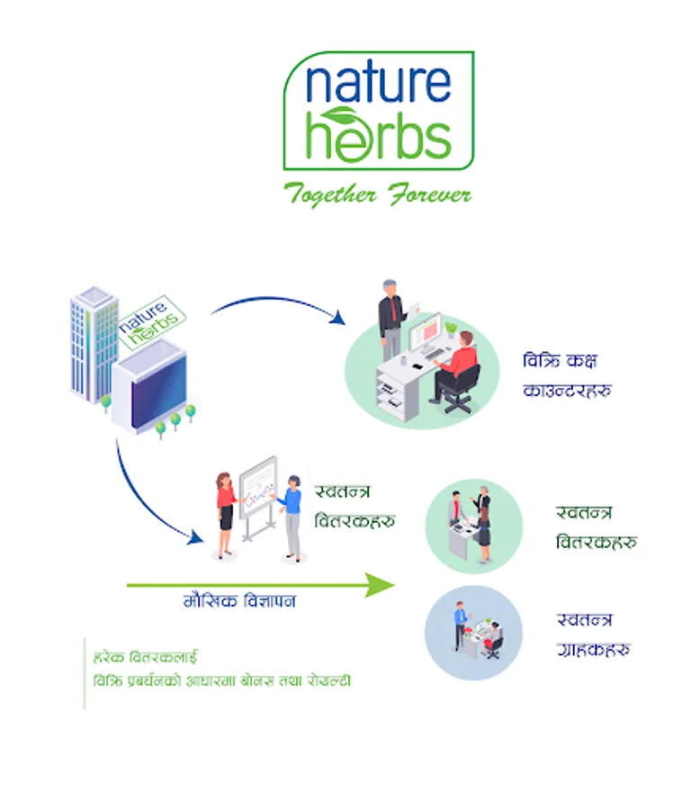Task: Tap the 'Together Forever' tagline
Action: (377, 193)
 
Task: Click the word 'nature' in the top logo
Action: (377, 84)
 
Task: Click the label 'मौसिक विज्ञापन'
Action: (239, 601)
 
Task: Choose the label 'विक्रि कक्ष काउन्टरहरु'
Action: (567, 376)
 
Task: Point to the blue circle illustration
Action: (472, 632)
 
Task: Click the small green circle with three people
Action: (473, 526)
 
